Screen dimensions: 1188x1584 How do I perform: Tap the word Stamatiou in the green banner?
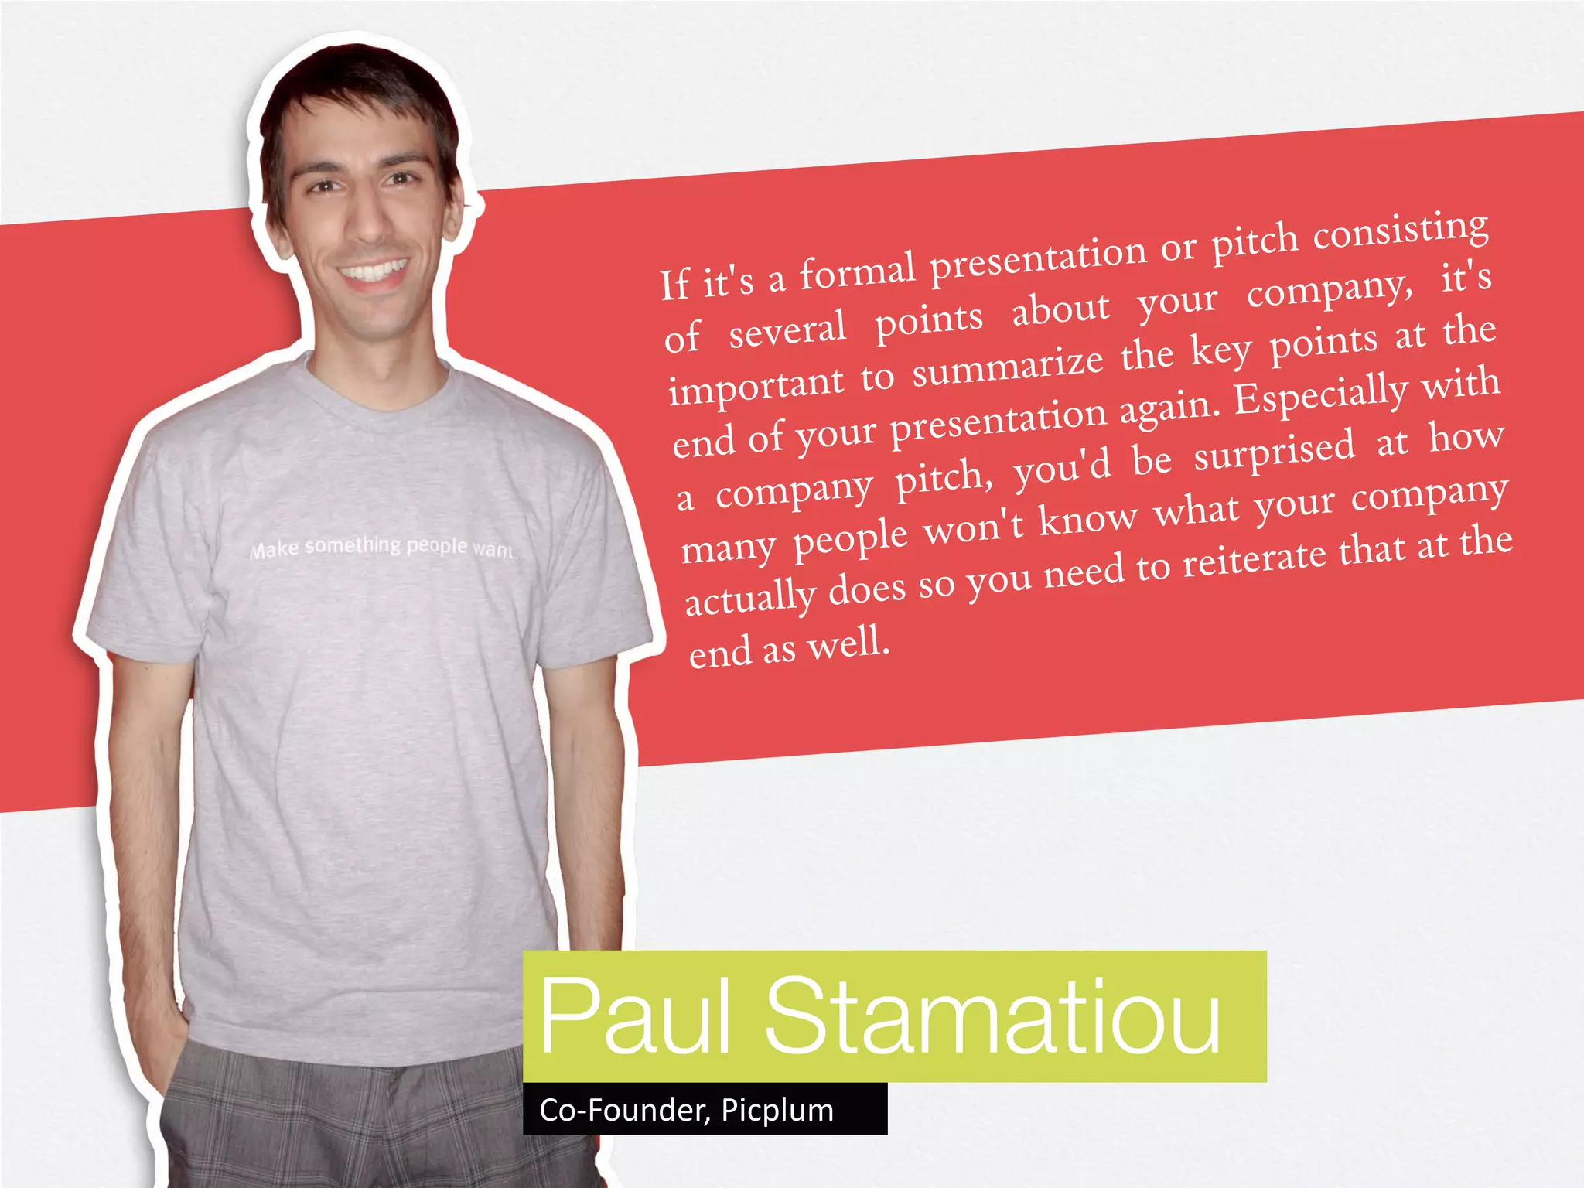pos(993,1015)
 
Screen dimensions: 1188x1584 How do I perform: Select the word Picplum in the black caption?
pos(777,1110)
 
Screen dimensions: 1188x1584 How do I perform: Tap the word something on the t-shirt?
pos(353,546)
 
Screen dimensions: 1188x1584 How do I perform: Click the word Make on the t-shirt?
pos(274,549)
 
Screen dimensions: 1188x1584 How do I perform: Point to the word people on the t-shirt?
pos(437,545)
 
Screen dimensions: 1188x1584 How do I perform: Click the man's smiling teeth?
pos(375,272)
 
